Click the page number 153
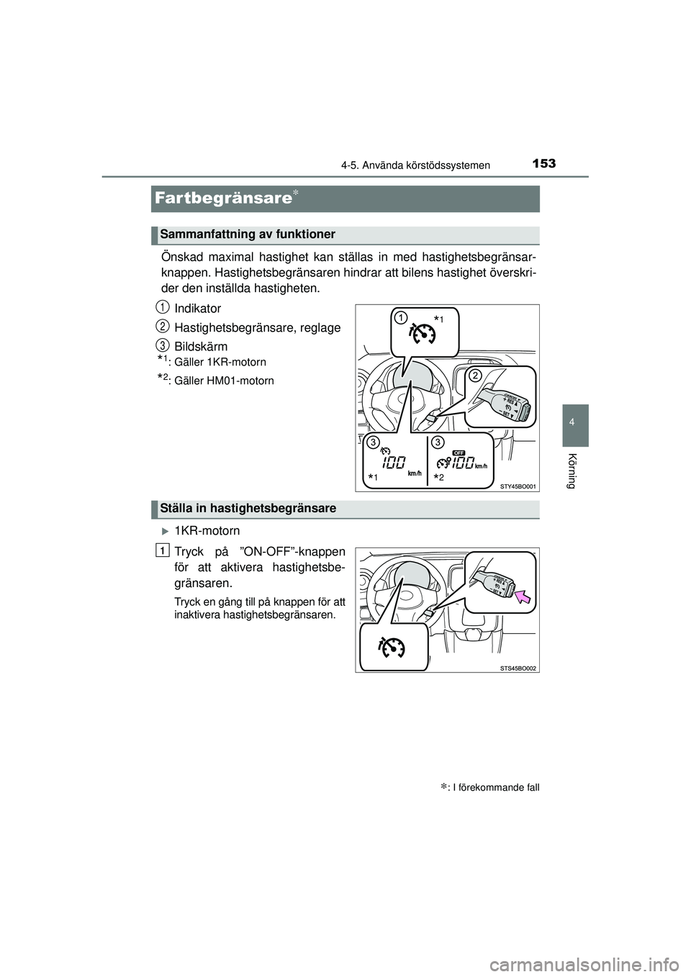pos(543,163)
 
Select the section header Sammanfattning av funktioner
pos(248,235)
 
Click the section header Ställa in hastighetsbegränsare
pos(248,509)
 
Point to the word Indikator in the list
pos(198,309)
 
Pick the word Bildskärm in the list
pos(201,346)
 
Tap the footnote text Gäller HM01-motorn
pos(224,381)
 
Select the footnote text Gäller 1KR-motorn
pos(220,362)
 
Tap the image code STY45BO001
pos(518,486)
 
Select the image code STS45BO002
pos(518,668)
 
